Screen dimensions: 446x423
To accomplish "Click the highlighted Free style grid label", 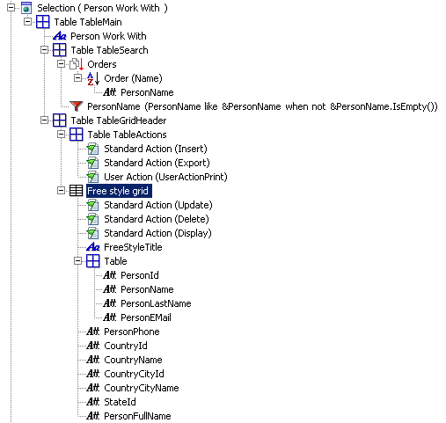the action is click(119, 191).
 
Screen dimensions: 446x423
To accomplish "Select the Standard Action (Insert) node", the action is click(156, 149).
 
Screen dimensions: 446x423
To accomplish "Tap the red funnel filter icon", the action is click(77, 106).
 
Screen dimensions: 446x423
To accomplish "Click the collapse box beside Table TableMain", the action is click(27, 22).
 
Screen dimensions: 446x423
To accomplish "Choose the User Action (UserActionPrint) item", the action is click(165, 177).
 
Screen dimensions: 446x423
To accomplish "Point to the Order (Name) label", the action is click(133, 78).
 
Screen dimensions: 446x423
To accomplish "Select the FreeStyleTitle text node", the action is click(133, 247).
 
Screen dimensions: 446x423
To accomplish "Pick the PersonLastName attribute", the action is click(156, 303).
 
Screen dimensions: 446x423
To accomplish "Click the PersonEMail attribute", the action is click(146, 317).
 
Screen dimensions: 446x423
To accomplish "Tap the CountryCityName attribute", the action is click(142, 388).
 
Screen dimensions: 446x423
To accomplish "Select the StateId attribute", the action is click(120, 402).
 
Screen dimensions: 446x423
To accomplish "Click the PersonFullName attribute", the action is click(137, 416).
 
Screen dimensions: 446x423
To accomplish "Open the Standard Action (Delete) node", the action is click(157, 219).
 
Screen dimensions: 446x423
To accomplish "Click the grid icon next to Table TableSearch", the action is click(59, 50).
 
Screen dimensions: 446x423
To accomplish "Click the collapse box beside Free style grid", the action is click(61, 191).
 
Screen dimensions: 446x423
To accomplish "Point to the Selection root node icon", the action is click(26, 8).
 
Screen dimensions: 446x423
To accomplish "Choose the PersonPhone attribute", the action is click(132, 332).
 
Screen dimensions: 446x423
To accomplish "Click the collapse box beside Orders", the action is click(61, 64).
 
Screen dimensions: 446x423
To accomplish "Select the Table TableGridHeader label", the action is click(119, 120).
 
